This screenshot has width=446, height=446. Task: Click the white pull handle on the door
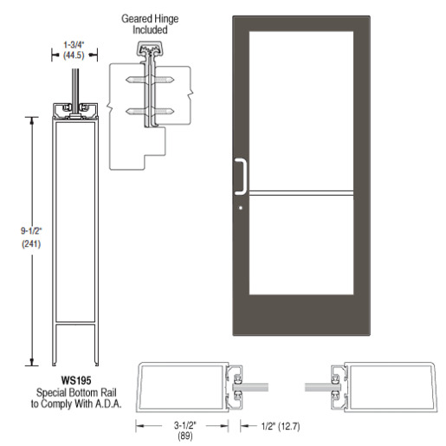pyautogui.click(x=244, y=176)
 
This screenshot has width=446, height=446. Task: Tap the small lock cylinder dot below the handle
pyautogui.click(x=241, y=208)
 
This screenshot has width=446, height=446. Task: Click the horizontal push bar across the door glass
pyautogui.click(x=301, y=193)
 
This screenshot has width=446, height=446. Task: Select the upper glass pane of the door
pyautogui.click(x=301, y=111)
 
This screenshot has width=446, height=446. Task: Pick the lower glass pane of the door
pyautogui.click(x=301, y=245)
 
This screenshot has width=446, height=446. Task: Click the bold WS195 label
pyautogui.click(x=76, y=380)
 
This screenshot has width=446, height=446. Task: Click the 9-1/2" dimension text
pyautogui.click(x=31, y=231)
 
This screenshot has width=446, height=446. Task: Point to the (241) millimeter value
pyautogui.click(x=31, y=244)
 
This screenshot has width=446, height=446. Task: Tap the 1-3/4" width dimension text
pyautogui.click(x=74, y=45)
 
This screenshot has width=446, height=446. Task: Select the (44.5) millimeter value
pyautogui.click(x=74, y=55)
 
